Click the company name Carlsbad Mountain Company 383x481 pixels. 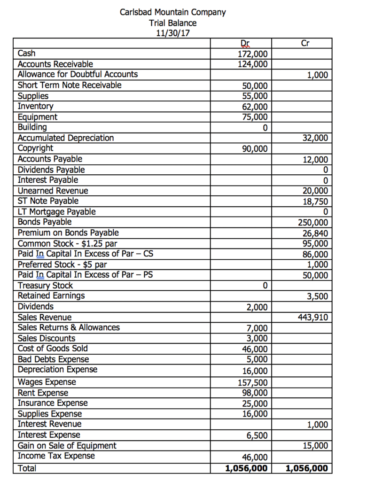point(172,12)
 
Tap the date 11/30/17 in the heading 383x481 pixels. point(172,33)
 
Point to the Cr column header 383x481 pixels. point(305,44)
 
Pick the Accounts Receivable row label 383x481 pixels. point(55,64)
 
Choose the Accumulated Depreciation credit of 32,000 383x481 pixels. point(316,139)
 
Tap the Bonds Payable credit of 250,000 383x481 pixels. point(314,223)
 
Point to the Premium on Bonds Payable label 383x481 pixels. point(68,233)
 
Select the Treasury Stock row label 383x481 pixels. point(45,286)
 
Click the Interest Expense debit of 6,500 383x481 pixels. point(258,436)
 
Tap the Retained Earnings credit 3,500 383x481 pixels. point(318,296)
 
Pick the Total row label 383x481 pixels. point(27,468)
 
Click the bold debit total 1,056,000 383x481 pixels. point(246,468)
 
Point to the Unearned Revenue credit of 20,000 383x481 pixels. point(316,191)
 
